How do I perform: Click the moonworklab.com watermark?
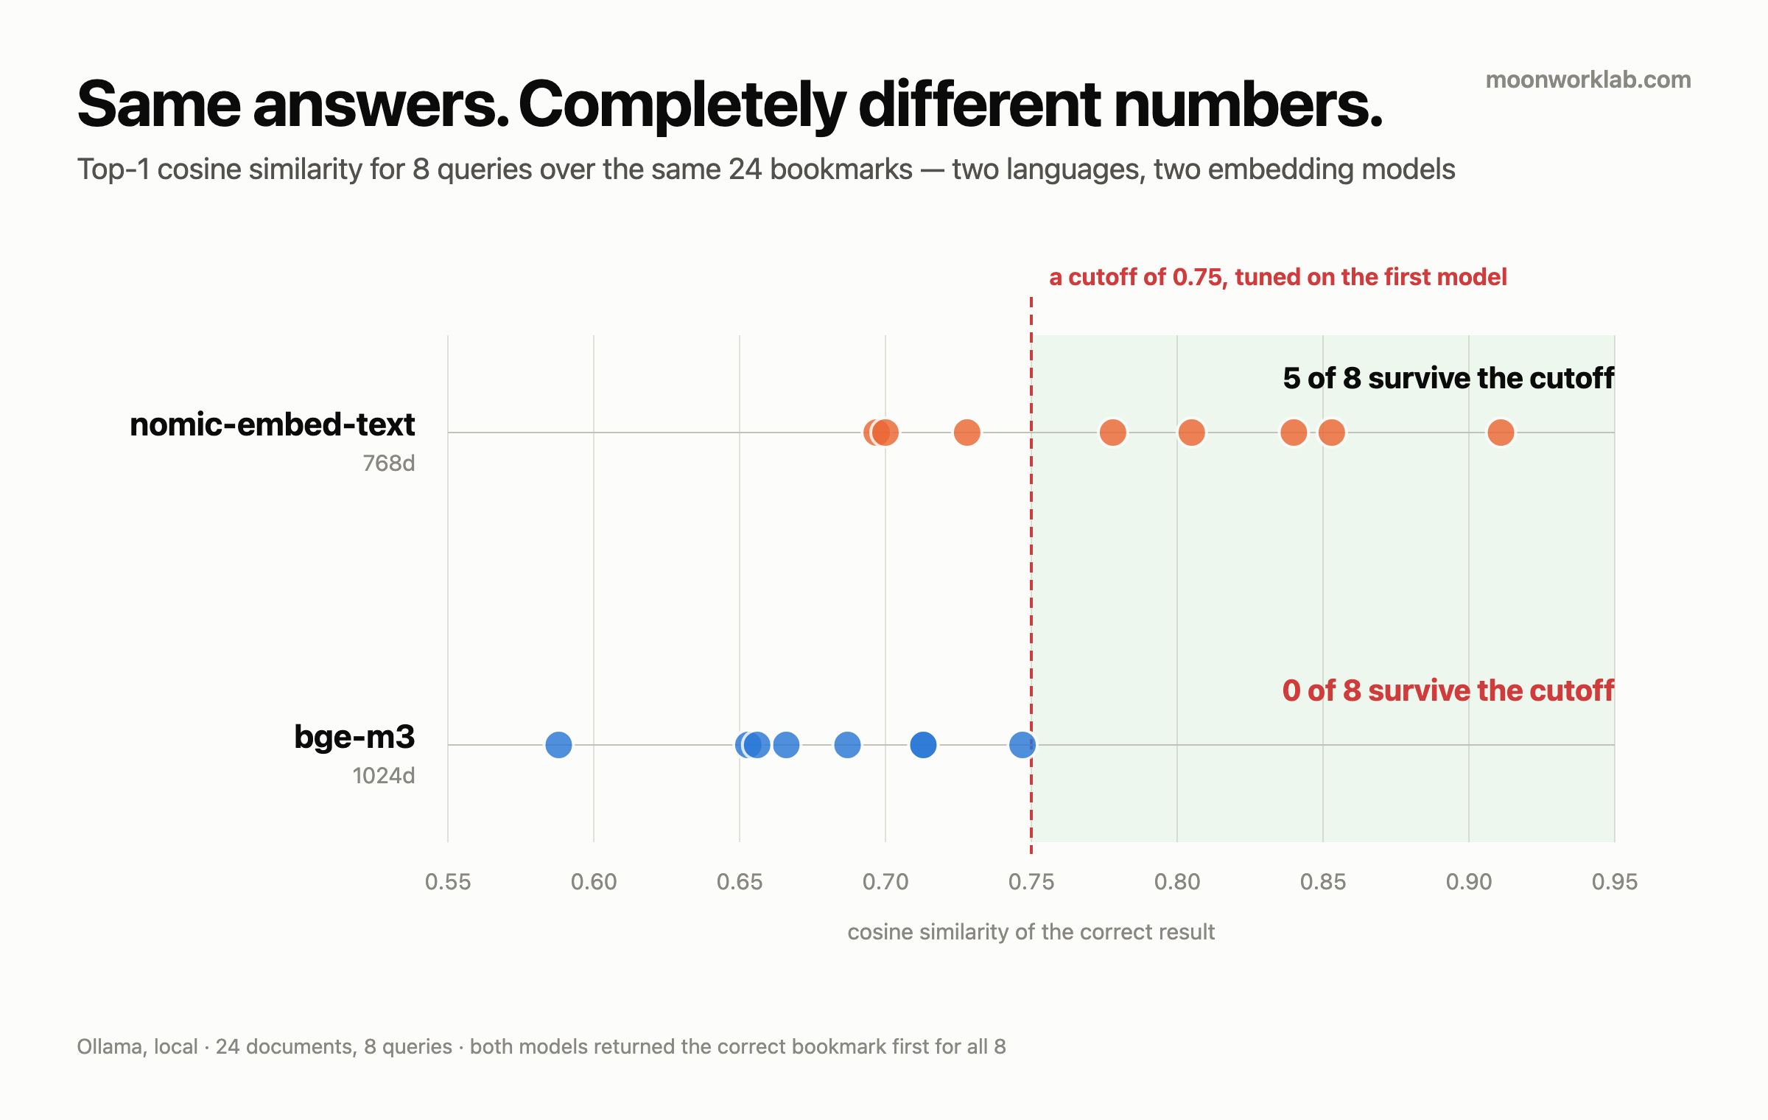tap(1588, 80)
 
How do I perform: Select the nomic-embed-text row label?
tap(273, 424)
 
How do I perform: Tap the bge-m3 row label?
tap(354, 737)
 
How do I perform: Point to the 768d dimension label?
tap(389, 463)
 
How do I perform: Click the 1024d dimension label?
tap(384, 776)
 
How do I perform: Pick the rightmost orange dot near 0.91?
tap(1501, 433)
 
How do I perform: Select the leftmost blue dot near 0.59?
tap(558, 745)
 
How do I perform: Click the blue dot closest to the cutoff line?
tap(1022, 745)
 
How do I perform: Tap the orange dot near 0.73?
tap(967, 433)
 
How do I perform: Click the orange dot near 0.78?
tap(1112, 433)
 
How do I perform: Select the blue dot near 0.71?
tap(923, 745)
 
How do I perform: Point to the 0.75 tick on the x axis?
tap(1031, 882)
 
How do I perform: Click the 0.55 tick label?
tap(448, 882)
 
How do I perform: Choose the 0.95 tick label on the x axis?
tap(1615, 882)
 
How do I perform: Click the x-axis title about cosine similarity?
tap(1031, 932)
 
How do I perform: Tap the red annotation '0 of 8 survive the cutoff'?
tap(1448, 690)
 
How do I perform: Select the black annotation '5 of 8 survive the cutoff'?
tap(1448, 378)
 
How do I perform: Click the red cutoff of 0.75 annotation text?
tap(1278, 277)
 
